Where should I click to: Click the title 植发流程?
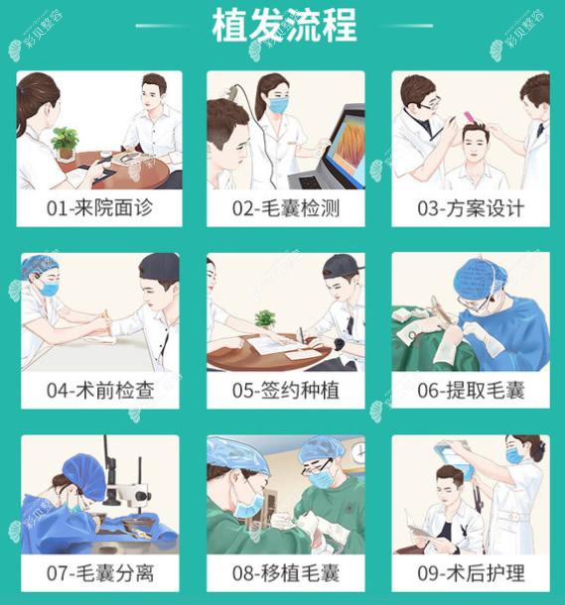[x=283, y=26]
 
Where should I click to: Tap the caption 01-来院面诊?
[x=99, y=209]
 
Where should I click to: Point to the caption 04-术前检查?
[x=99, y=390]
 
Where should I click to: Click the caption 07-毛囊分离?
[x=99, y=572]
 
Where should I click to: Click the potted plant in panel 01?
[x=66, y=141]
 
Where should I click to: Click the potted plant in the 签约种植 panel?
[x=264, y=320]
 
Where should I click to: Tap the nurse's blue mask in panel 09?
[x=513, y=457]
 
